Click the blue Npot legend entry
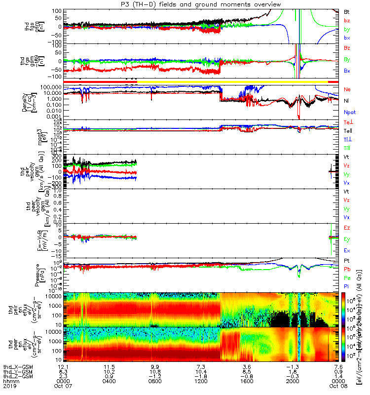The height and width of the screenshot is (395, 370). click(x=349, y=112)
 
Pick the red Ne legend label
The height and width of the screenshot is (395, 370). click(x=347, y=89)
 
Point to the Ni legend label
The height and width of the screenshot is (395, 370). click(x=346, y=101)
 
